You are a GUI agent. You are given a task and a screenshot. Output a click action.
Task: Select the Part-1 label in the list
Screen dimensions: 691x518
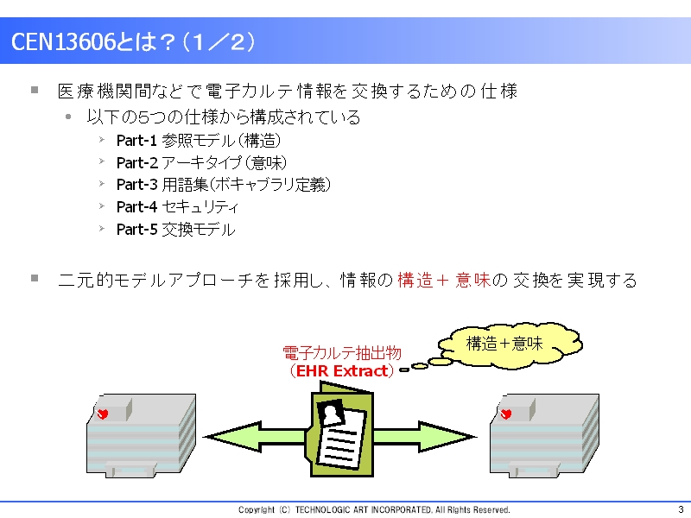136,141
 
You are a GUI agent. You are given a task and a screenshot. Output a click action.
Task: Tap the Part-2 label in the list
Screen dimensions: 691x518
137,163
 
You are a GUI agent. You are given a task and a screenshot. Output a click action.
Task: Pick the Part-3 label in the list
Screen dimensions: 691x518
136,185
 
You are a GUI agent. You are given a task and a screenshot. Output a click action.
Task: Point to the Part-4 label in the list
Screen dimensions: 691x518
136,206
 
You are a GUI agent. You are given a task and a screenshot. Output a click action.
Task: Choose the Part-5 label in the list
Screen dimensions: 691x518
136,229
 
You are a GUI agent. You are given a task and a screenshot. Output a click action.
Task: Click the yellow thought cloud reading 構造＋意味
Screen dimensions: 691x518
510,344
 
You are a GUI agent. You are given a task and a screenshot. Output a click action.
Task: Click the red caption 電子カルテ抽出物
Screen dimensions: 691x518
342,353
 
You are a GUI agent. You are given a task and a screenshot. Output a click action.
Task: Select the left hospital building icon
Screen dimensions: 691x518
141,435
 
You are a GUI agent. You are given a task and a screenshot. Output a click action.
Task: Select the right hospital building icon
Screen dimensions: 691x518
544,435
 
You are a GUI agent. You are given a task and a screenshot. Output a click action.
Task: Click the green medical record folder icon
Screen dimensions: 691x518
341,429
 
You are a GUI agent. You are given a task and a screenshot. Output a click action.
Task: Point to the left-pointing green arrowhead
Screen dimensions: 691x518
232,437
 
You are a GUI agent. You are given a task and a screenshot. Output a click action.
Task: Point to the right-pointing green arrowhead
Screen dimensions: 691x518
447,437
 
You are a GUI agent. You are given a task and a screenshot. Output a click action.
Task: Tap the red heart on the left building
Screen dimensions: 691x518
103,414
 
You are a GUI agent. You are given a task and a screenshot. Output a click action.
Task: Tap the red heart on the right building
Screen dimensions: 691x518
506,414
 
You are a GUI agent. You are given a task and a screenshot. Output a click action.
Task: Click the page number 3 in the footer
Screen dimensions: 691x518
681,509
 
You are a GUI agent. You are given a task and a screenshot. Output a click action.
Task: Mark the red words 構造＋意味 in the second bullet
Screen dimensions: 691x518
444,280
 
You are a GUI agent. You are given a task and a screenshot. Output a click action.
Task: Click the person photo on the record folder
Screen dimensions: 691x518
332,413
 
